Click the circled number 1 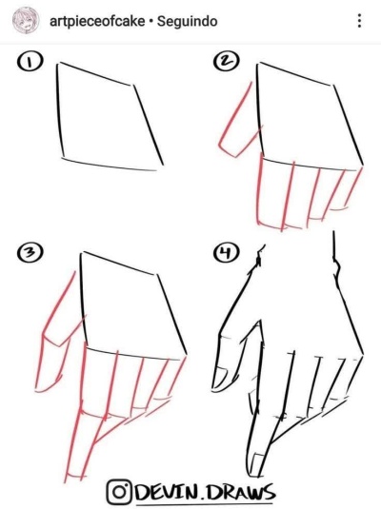(x=30, y=62)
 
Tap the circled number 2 (x=227, y=61)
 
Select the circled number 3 (x=30, y=252)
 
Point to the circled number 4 (x=227, y=252)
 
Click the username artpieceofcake (x=97, y=21)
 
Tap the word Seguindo (x=188, y=21)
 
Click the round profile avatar (x=26, y=20)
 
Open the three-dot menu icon (x=359, y=20)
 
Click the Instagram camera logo (x=119, y=492)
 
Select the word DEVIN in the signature (x=166, y=493)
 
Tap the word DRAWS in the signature (x=241, y=493)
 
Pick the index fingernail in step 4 (x=258, y=464)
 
